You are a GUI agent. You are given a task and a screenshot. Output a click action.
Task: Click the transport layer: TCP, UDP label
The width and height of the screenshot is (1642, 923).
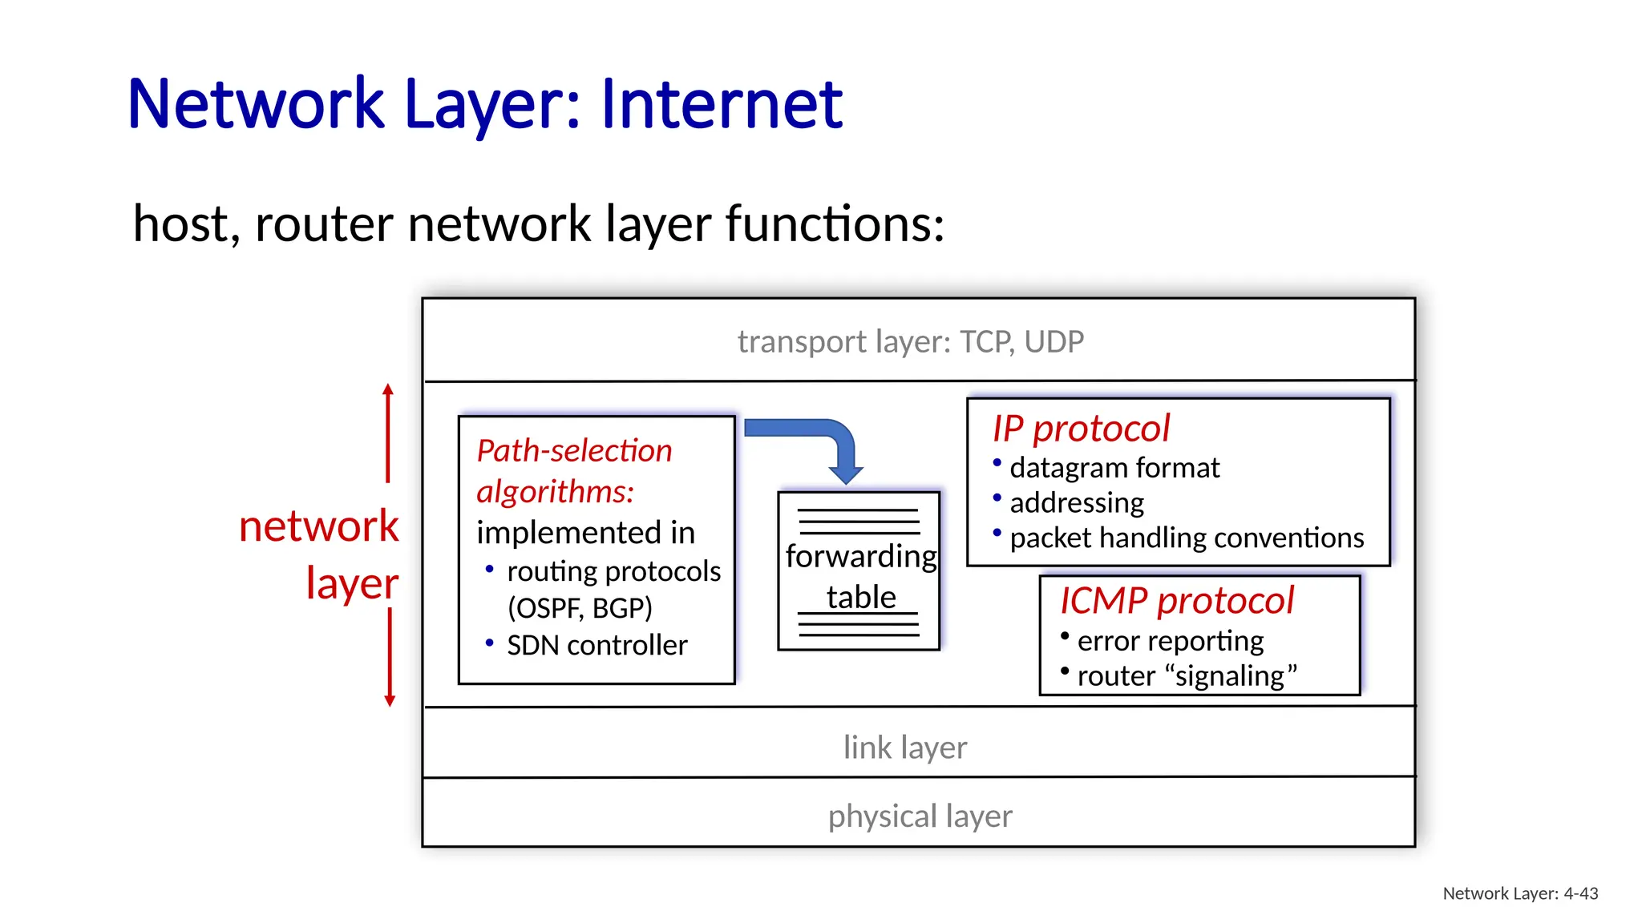tap(910, 342)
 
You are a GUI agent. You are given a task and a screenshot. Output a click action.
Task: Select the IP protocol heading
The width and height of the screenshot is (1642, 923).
tap(1080, 429)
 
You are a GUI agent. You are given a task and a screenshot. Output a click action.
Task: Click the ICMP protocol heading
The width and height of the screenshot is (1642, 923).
tap(1176, 601)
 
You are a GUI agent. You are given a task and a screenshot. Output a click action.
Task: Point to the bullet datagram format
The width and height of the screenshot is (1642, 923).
tap(1114, 468)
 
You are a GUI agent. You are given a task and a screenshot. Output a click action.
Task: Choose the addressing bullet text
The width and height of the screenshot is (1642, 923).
tap(1076, 503)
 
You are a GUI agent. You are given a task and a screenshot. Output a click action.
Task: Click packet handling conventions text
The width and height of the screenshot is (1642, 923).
tap(1186, 538)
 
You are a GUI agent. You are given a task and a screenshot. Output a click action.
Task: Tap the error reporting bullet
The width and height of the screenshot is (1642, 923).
tap(1170, 641)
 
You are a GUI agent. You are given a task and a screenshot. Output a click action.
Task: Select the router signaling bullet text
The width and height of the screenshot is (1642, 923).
tap(1186, 676)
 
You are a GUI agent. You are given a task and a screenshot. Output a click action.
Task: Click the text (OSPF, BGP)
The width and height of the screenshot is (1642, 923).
tap(580, 608)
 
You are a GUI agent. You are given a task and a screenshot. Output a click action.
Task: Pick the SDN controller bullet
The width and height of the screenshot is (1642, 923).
tap(597, 646)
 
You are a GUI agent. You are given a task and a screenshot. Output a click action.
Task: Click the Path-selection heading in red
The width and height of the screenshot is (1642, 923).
tap(574, 451)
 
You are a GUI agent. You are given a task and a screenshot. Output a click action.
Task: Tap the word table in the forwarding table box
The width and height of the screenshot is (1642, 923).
tap(860, 598)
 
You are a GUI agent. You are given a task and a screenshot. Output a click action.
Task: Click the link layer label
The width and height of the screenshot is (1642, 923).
tap(904, 748)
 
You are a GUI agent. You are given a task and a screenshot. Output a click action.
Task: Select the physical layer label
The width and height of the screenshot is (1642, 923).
tap(920, 816)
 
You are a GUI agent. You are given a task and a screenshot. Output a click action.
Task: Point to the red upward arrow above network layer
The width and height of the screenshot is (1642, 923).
tap(388, 433)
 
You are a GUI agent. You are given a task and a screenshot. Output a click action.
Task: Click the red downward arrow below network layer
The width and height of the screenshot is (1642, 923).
tap(390, 657)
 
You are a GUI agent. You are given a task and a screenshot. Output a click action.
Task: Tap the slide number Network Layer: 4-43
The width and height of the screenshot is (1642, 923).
tap(1519, 894)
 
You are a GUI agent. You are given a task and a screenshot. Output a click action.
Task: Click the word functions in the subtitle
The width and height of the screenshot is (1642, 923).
tap(834, 224)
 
